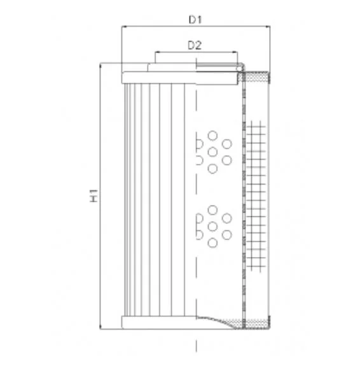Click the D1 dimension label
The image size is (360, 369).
coord(195,20)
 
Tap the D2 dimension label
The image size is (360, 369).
coord(195,45)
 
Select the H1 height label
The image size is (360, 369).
coord(94,195)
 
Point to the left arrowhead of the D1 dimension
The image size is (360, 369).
coord(125,27)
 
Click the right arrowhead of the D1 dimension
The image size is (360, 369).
coord(267,27)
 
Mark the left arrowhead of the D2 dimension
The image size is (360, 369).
coord(158,52)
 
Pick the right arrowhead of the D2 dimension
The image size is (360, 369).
coord(235,52)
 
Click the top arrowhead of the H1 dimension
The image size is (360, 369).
coord(100,66)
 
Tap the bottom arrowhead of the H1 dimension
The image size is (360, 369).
coord(100,326)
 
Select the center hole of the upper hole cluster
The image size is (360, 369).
coord(212,152)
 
